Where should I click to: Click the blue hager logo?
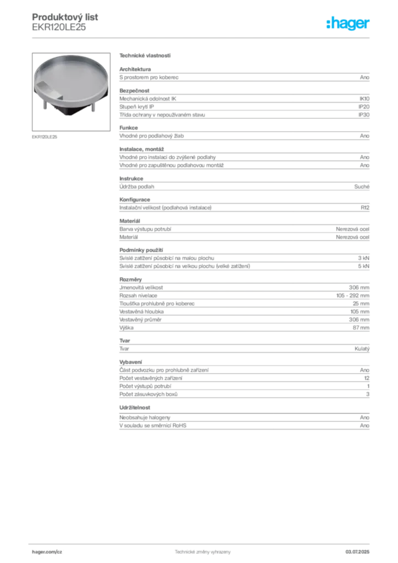(x=349, y=24)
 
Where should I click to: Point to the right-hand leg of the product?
(x=95, y=108)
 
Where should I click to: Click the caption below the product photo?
(x=46, y=136)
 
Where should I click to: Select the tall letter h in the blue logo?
(x=328, y=24)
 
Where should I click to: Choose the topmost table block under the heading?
(x=244, y=75)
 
